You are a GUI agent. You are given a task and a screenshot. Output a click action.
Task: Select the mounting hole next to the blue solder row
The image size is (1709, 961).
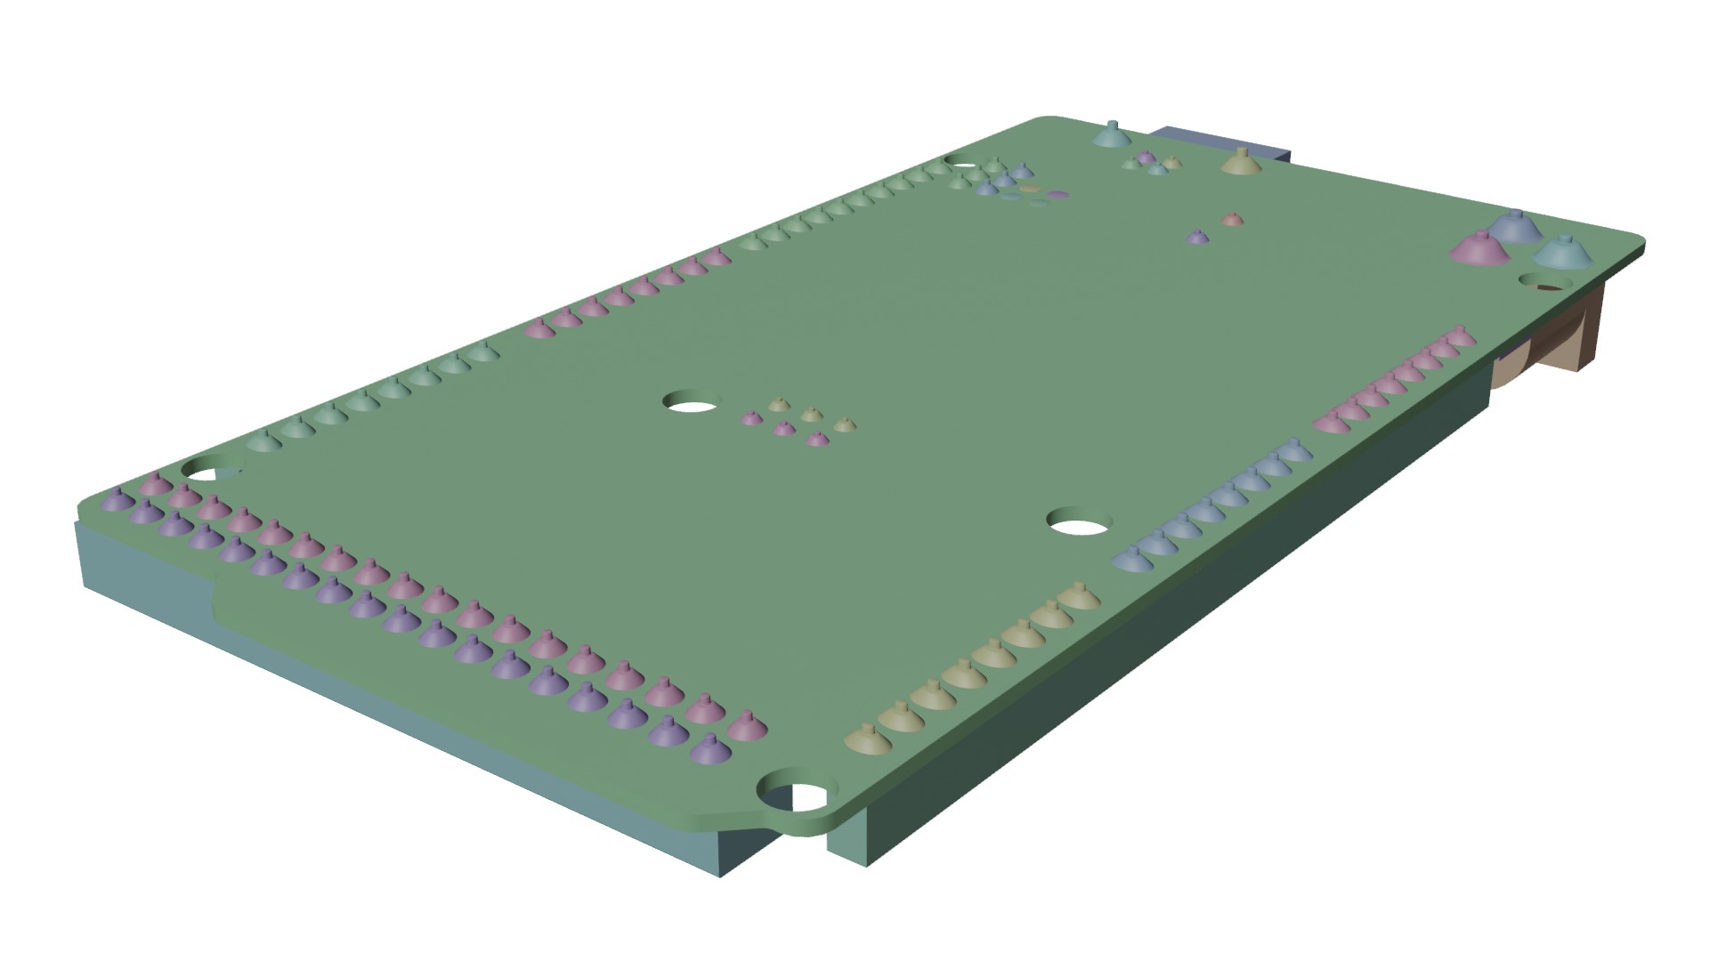[x=1080, y=523]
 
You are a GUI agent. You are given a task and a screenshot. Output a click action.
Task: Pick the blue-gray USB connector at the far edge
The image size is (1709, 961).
[x=1219, y=142]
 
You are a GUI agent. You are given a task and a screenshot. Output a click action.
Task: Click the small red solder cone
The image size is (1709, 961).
[x=1231, y=218]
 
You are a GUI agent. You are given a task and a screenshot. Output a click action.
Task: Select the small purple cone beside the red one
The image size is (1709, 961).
[x=1198, y=238]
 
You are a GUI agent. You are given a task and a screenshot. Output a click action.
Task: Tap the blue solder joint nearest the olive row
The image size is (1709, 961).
[x=1129, y=559]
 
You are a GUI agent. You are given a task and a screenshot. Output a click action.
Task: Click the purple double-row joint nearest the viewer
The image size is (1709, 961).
[x=709, y=750]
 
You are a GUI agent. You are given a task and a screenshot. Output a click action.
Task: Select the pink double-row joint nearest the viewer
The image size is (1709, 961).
[x=746, y=727]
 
